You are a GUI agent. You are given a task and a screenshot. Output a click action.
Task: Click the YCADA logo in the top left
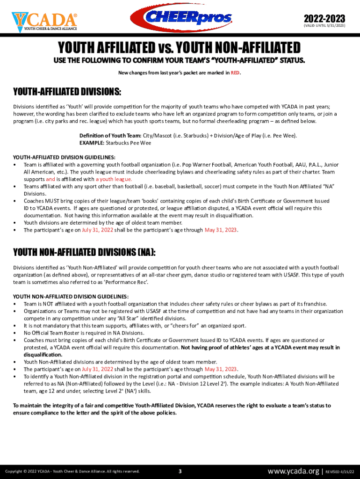[x=44, y=21]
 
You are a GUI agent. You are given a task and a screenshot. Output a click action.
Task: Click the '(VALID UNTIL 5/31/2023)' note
[x=324, y=26]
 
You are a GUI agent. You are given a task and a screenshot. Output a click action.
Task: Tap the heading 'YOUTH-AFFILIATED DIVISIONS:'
[x=67, y=91]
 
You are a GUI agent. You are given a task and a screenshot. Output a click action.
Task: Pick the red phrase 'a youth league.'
[x=114, y=179]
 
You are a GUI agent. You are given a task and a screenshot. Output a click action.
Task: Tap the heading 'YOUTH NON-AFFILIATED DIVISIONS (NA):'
[x=84, y=253]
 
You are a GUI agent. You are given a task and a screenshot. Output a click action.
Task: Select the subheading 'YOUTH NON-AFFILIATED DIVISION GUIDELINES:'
[x=71, y=297]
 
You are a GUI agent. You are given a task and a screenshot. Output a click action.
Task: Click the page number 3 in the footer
[x=180, y=471]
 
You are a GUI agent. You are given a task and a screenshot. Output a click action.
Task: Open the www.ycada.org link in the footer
[x=293, y=471]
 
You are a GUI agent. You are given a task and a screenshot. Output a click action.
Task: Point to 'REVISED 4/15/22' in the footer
[x=340, y=472]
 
